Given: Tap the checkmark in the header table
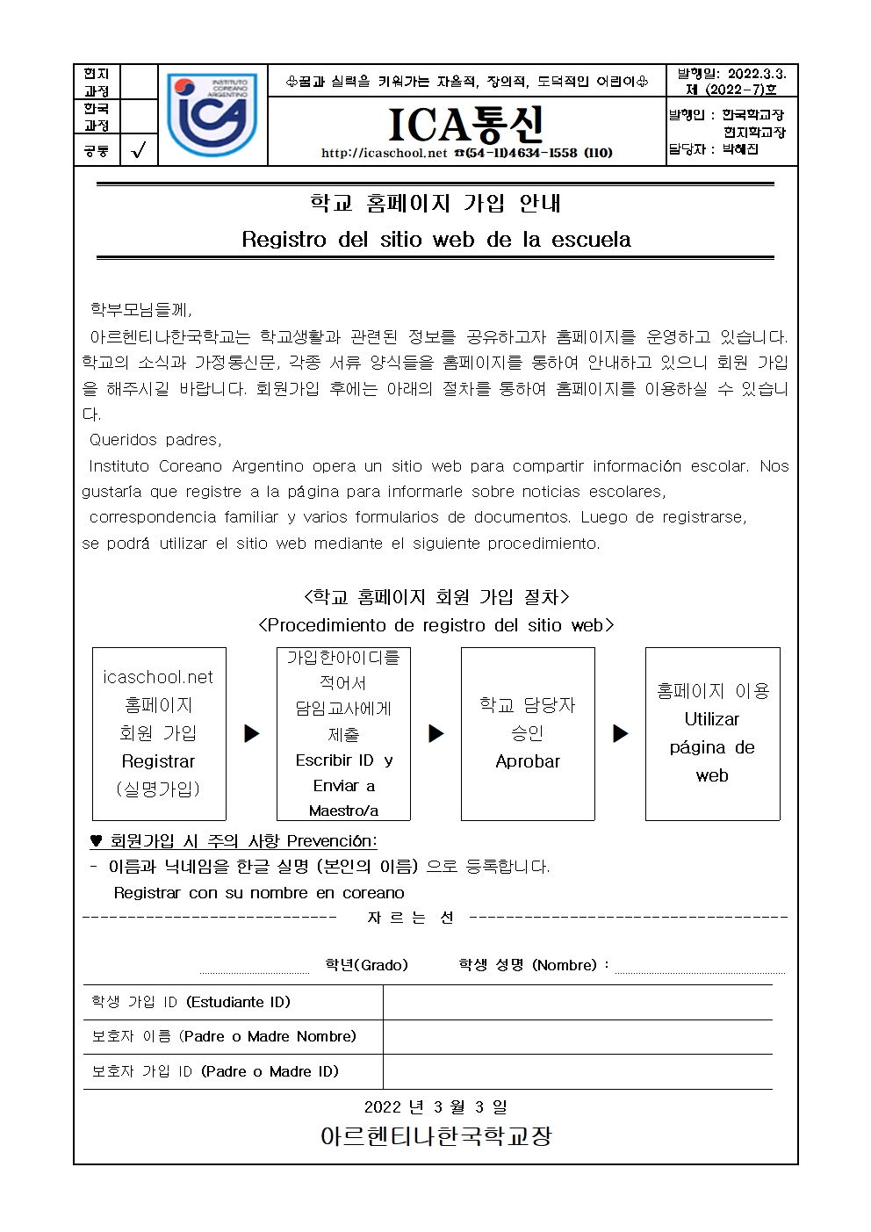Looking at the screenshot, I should tap(138, 150).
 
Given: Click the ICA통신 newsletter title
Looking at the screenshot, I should tap(466, 125).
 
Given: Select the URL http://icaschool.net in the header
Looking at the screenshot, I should tap(385, 153).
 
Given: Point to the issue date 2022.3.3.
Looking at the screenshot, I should tap(757, 74).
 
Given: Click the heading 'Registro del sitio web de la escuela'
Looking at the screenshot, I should tap(435, 239).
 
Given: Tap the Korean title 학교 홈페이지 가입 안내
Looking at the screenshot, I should tap(435, 203).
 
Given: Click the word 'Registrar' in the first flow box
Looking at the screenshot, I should tap(158, 761).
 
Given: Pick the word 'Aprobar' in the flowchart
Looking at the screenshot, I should tap(528, 761).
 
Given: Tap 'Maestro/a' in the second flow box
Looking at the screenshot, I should tap(343, 811).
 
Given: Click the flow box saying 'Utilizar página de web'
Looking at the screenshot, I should tap(712, 733).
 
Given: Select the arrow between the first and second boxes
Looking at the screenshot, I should tap(252, 733).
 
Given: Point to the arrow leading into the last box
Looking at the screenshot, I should tap(621, 733).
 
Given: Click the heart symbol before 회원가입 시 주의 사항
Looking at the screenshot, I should tap(96, 841).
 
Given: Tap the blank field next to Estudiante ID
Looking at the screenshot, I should tap(577, 1002).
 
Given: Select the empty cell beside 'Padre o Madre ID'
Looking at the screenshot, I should tap(577, 1071).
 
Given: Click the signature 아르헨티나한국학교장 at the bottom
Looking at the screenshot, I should tap(435, 1136).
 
